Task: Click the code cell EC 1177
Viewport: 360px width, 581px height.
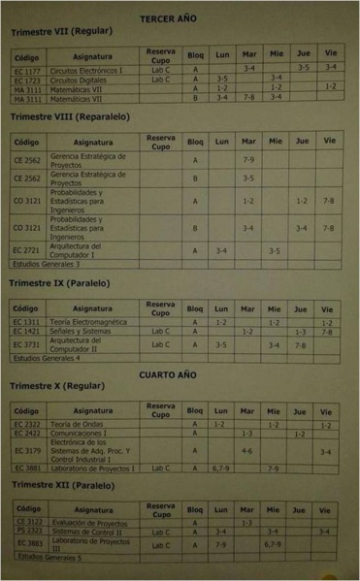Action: pyautogui.click(x=28, y=70)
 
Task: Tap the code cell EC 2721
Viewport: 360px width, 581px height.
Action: pyautogui.click(x=27, y=250)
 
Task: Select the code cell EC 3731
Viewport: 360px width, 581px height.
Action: pyautogui.click(x=27, y=344)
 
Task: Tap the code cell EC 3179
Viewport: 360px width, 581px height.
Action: pyautogui.click(x=27, y=451)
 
